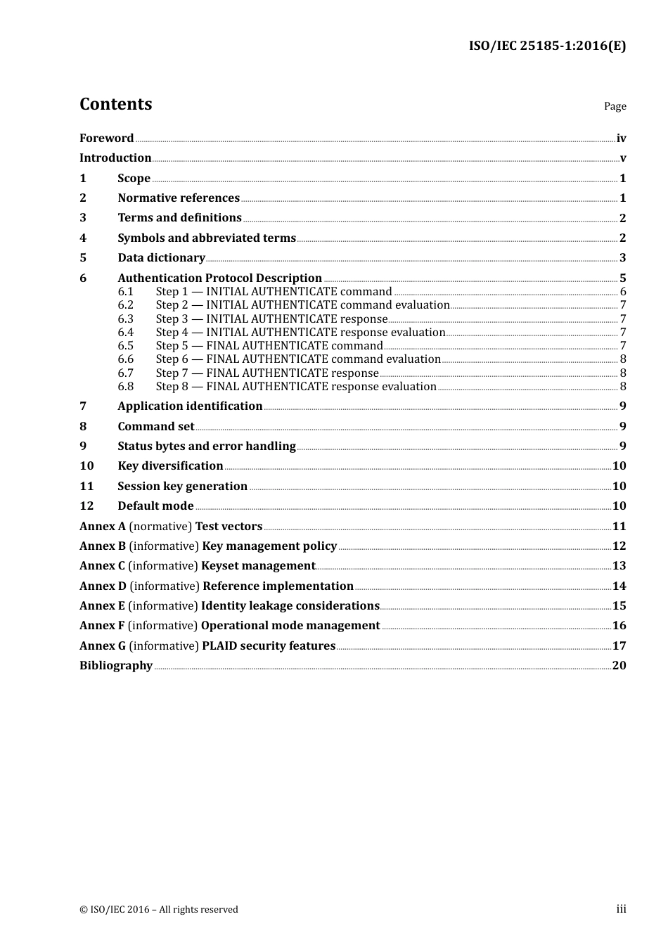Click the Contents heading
point(115,104)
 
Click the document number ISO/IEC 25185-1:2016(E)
point(547,46)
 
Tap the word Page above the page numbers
point(615,106)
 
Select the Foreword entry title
point(106,139)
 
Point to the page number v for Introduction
point(622,158)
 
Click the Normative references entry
point(179,198)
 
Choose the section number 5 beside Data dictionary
point(83,258)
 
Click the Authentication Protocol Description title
point(219,278)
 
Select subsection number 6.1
point(125,292)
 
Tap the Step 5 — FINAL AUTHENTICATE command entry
point(269,346)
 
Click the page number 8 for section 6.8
point(623,387)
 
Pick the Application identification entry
point(190,406)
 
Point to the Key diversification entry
point(170,466)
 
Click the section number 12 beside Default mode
point(86,506)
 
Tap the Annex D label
point(103,586)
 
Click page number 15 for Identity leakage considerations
point(619,606)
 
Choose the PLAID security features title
point(268,646)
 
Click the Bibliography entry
point(116,666)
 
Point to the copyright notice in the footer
point(159,910)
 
